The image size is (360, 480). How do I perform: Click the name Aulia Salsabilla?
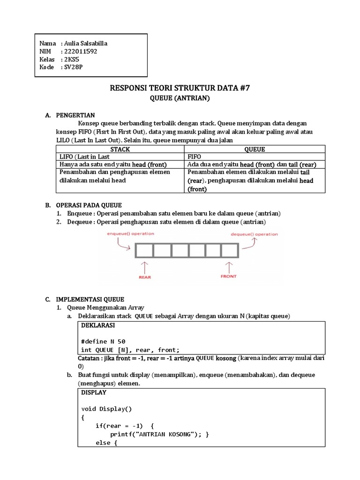pos(88,44)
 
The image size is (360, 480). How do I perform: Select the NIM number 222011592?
pos(80,52)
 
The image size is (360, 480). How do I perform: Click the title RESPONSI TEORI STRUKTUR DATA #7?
pos(180,88)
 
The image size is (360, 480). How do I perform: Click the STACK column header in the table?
pos(120,149)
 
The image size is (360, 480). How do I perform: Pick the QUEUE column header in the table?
pos(255,149)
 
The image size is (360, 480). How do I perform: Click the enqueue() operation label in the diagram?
pos(130,233)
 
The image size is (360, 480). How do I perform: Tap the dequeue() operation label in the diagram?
pos(254,234)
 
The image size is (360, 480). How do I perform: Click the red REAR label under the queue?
pos(145,277)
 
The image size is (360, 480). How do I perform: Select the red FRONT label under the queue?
pos(229,277)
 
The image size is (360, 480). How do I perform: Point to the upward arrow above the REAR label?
pos(144,267)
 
